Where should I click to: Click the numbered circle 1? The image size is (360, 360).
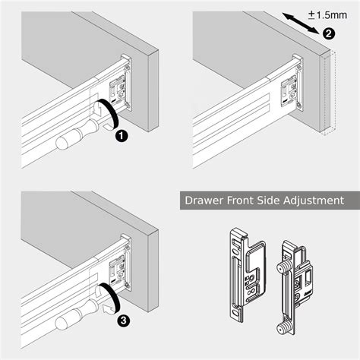tap(121, 137)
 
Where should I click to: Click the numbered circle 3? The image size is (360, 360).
tap(121, 318)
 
